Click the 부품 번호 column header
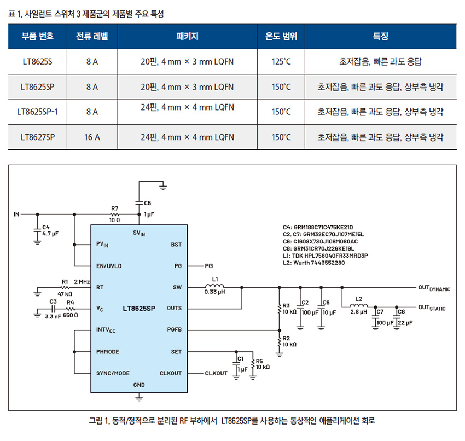point(38,37)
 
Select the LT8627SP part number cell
point(38,137)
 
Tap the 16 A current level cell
point(92,137)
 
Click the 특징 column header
point(380,37)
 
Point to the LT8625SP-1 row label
point(38,112)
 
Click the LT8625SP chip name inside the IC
point(139,308)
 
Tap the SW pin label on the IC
point(176,287)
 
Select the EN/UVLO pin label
point(109,266)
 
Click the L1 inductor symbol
point(214,286)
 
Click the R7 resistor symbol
point(114,214)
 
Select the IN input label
point(16,214)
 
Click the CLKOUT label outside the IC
point(216,373)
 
